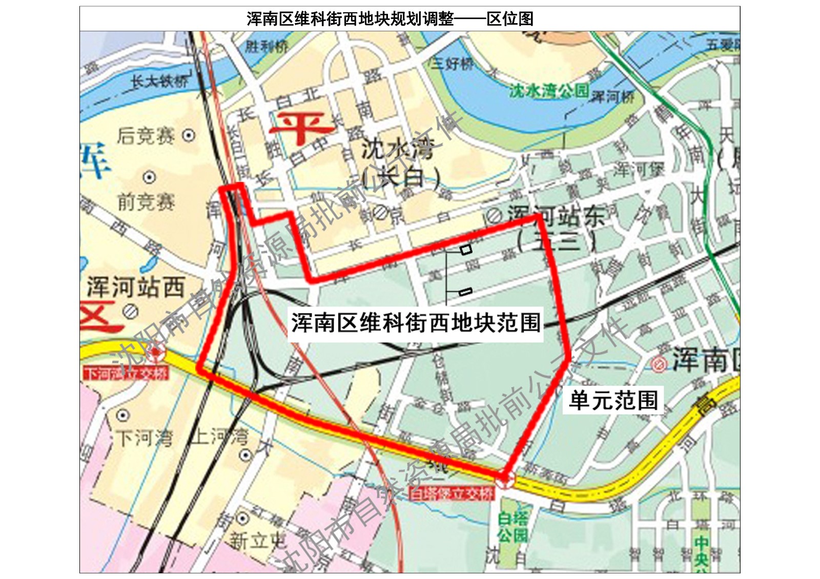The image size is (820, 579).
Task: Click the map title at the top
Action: (390, 19)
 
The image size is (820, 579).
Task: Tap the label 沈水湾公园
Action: (548, 91)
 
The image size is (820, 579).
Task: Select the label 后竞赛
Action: (146, 136)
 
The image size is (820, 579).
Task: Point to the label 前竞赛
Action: (146, 202)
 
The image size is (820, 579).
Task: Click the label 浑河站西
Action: (135, 287)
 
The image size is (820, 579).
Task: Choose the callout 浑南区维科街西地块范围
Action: (416, 323)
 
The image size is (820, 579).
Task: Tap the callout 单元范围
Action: (613, 400)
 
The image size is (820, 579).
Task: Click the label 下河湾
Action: (144, 439)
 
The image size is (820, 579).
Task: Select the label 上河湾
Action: (219, 437)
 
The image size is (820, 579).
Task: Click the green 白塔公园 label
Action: (512, 527)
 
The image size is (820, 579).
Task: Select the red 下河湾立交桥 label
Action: (126, 373)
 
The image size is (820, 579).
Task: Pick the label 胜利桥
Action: (266, 47)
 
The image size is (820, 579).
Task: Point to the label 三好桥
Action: (452, 64)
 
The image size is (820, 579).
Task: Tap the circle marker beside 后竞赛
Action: (189, 135)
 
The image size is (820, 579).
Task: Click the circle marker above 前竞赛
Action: (149, 177)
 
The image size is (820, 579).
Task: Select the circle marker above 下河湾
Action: (123, 415)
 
